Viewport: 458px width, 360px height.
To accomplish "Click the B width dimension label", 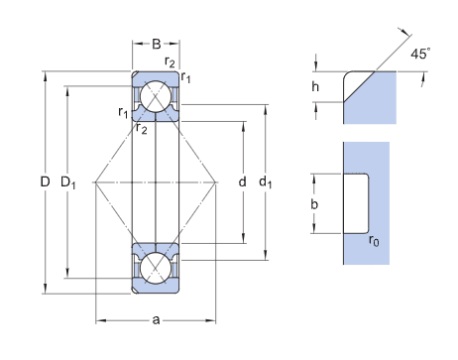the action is click(x=157, y=44).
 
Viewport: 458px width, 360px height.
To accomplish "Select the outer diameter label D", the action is click(x=45, y=181).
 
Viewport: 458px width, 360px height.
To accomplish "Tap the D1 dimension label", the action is click(x=68, y=182).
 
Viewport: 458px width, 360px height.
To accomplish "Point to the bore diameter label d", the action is click(x=242, y=181).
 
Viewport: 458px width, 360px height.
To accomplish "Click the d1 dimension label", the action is click(x=265, y=182).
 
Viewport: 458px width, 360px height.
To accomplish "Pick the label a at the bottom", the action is click(x=156, y=320).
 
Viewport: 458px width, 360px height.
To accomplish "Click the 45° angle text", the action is click(x=420, y=54).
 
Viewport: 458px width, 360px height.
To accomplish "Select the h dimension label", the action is click(x=315, y=86).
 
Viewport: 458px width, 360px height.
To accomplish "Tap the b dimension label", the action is click(x=314, y=204).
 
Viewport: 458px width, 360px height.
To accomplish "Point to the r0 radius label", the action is click(x=374, y=240).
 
